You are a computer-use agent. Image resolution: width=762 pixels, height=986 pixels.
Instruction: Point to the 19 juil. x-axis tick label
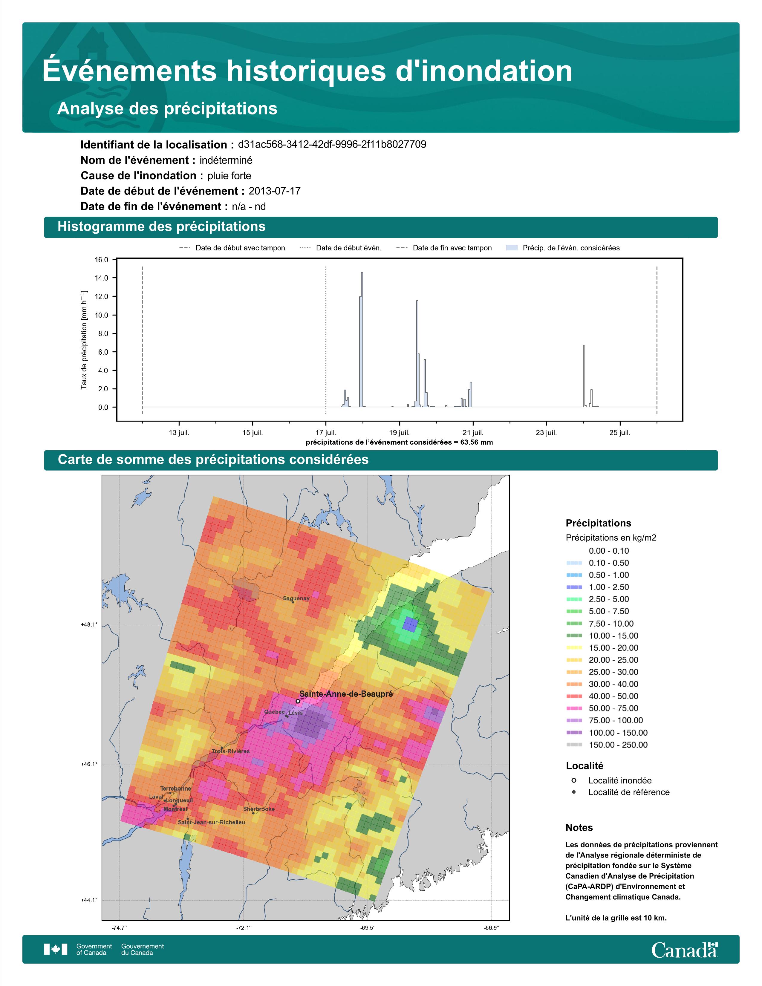click(x=399, y=433)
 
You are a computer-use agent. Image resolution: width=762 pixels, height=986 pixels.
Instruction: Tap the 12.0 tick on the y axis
click(x=102, y=297)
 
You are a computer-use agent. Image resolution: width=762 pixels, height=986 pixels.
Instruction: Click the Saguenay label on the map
click(x=296, y=599)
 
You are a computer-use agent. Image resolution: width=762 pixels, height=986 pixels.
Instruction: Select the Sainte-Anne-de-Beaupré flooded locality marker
click(x=298, y=701)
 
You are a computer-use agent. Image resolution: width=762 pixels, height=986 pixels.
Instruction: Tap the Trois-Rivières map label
click(x=231, y=751)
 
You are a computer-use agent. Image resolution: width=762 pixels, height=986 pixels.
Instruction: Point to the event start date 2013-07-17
click(x=274, y=191)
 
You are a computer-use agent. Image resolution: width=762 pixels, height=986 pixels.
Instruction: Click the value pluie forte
click(x=229, y=176)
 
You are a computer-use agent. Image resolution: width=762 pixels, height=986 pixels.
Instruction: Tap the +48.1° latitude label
click(x=89, y=625)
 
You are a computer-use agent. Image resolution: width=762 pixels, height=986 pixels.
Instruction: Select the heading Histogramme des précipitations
click(x=162, y=227)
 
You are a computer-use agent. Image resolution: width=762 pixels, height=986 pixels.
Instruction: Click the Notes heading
click(x=579, y=828)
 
